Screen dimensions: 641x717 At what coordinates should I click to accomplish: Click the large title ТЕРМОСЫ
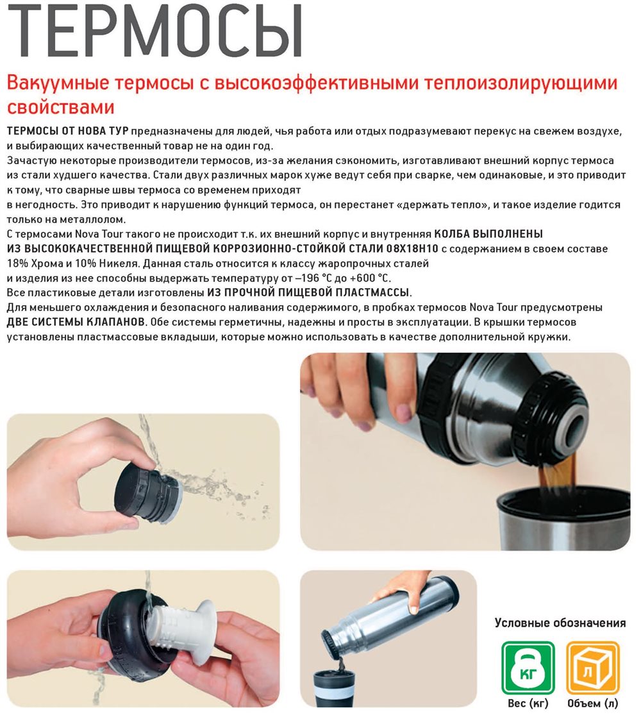coord(154,30)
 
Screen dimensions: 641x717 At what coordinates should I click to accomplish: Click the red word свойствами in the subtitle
coord(60,108)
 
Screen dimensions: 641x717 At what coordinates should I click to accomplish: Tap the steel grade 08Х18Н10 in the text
coord(412,249)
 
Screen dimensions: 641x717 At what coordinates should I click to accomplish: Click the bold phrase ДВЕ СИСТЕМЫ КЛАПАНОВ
coord(76,322)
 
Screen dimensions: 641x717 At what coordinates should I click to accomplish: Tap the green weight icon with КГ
coord(528,668)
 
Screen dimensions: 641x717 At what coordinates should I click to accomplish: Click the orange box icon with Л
coord(593,668)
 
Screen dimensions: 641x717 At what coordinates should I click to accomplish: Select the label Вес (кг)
coord(528,704)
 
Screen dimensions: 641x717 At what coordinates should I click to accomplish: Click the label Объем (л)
coord(592,704)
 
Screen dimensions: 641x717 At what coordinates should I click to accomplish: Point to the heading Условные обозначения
coord(560,623)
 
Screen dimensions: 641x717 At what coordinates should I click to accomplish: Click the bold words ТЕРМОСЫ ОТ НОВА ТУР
coord(68,131)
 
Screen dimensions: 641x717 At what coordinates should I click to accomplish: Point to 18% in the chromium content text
coord(17,264)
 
